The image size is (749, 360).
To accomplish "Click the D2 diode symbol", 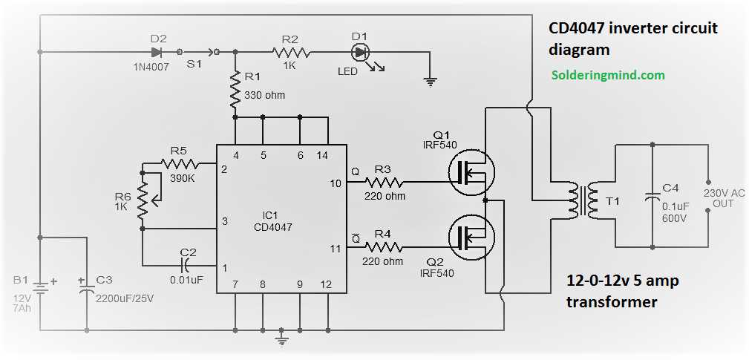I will pos(156,52).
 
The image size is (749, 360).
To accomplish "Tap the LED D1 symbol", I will pos(361,52).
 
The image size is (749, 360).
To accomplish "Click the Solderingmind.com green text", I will pos(608,75).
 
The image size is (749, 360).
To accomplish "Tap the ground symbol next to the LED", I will pos(430,81).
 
